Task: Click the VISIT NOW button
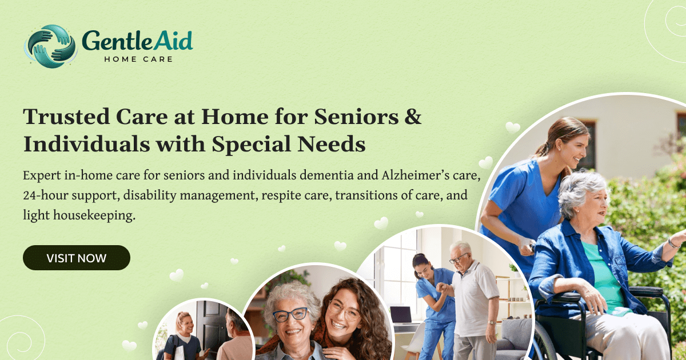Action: pos(77,258)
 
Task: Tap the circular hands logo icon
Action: pos(50,46)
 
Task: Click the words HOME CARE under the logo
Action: pos(138,59)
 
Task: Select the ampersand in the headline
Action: pos(413,117)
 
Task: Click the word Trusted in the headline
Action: pos(66,117)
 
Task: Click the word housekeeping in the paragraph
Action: pos(94,215)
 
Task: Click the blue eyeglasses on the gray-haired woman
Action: pos(290,314)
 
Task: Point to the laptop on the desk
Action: pos(401,315)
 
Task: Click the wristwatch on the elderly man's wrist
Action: pos(492,323)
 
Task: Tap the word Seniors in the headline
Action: pos(357,117)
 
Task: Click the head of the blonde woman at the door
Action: pos(184,322)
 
